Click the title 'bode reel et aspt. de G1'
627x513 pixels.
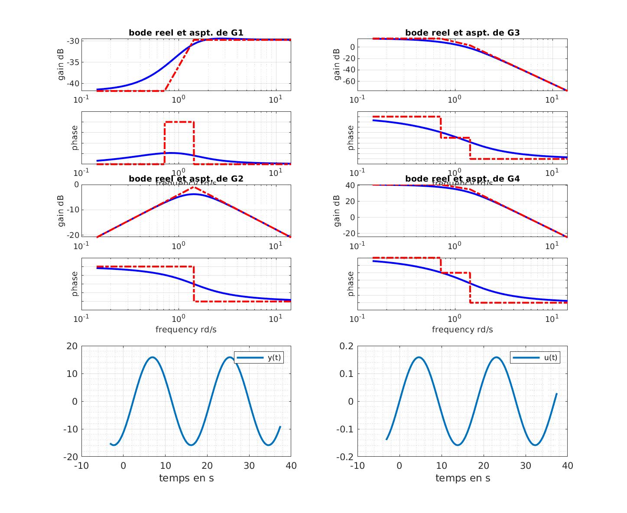click(186, 32)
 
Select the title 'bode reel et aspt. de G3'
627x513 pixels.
click(462, 32)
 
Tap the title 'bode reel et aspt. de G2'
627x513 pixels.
click(186, 179)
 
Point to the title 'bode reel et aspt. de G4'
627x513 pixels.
click(462, 179)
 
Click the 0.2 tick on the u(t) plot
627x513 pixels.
click(345, 346)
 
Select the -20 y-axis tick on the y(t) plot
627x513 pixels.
click(71, 457)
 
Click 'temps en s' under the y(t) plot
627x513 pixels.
click(186, 478)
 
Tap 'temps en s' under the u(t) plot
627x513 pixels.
click(462, 478)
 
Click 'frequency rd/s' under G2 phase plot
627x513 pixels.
click(186, 329)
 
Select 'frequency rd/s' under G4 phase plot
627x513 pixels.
click(462, 329)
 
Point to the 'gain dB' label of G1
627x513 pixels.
click(61, 65)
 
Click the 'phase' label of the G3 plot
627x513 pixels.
click(351, 138)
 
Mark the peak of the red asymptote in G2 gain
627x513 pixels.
click(194, 187)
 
